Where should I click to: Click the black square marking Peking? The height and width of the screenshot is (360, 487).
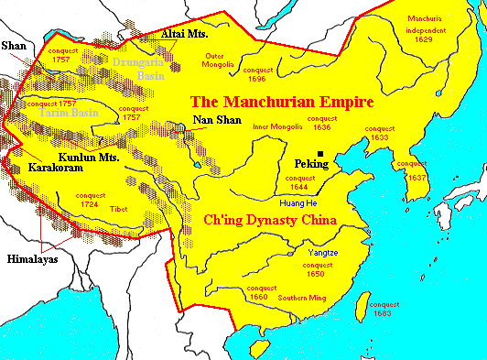point(320,154)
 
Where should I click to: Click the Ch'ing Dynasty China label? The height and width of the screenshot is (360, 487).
point(266,221)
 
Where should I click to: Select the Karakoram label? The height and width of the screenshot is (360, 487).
point(57,169)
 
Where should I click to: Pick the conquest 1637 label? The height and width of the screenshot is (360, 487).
point(417,171)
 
